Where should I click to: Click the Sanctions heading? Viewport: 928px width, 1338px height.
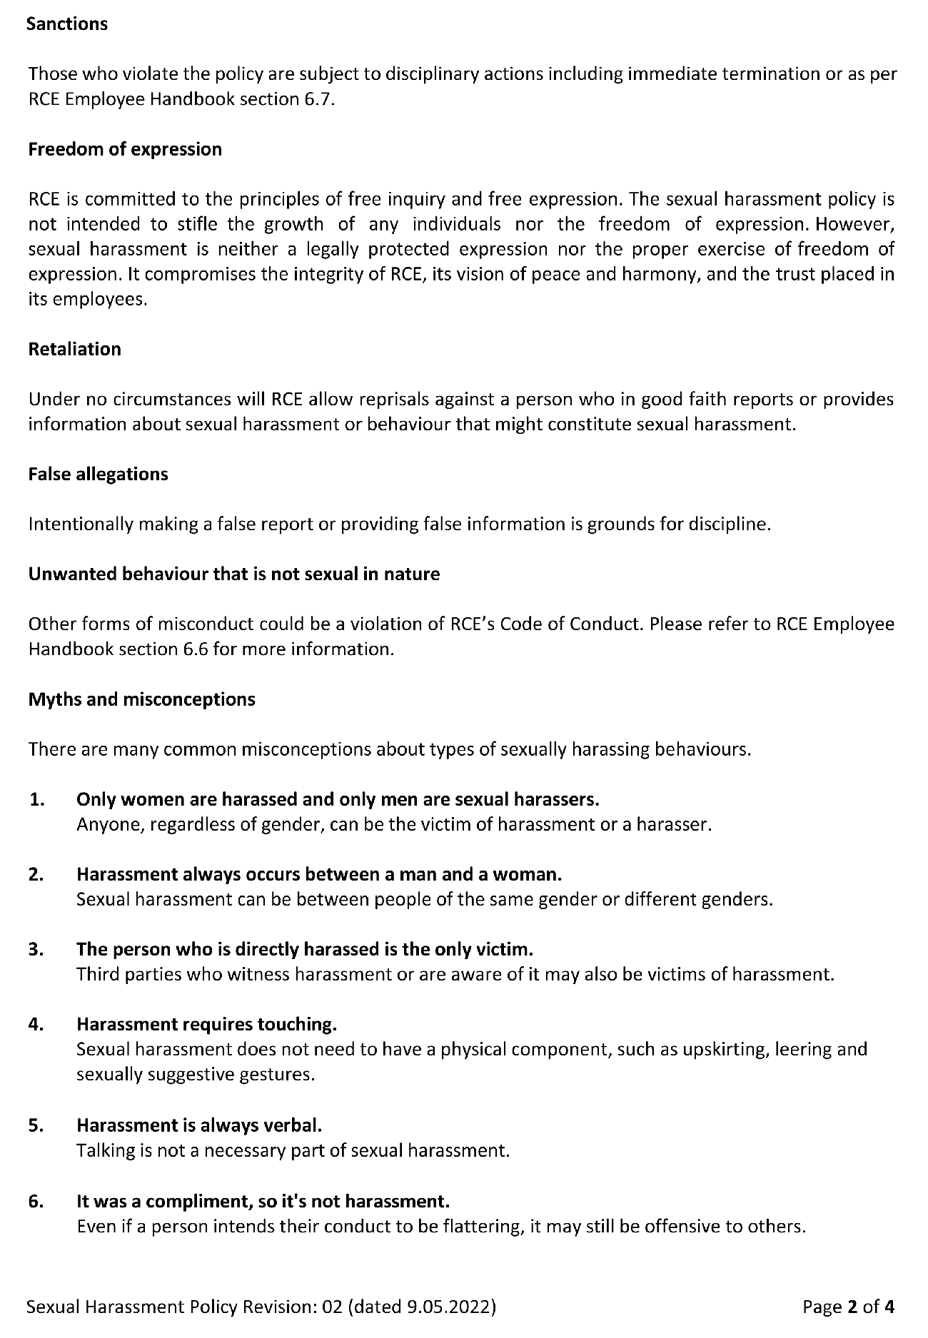[x=67, y=24]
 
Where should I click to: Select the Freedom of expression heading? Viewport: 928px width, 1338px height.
[x=125, y=149]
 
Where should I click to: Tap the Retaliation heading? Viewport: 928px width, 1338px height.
[x=74, y=349]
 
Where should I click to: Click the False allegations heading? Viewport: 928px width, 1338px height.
[x=98, y=474]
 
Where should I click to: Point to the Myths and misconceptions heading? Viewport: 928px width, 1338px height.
[x=141, y=699]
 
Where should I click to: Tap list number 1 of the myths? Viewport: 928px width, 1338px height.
[x=37, y=799]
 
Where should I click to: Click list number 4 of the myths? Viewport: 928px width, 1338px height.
[x=37, y=1024]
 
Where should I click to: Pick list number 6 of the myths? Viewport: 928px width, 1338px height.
[x=37, y=1201]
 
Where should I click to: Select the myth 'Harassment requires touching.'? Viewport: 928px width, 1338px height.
[x=206, y=1024]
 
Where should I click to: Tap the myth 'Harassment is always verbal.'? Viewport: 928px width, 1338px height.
[x=199, y=1125]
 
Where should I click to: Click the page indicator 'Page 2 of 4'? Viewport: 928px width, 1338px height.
[x=848, y=1307]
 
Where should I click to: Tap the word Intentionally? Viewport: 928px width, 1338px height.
[x=81, y=524]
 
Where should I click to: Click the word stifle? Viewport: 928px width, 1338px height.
[x=197, y=224]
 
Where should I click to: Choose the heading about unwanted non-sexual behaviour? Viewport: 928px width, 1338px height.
[x=233, y=574]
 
